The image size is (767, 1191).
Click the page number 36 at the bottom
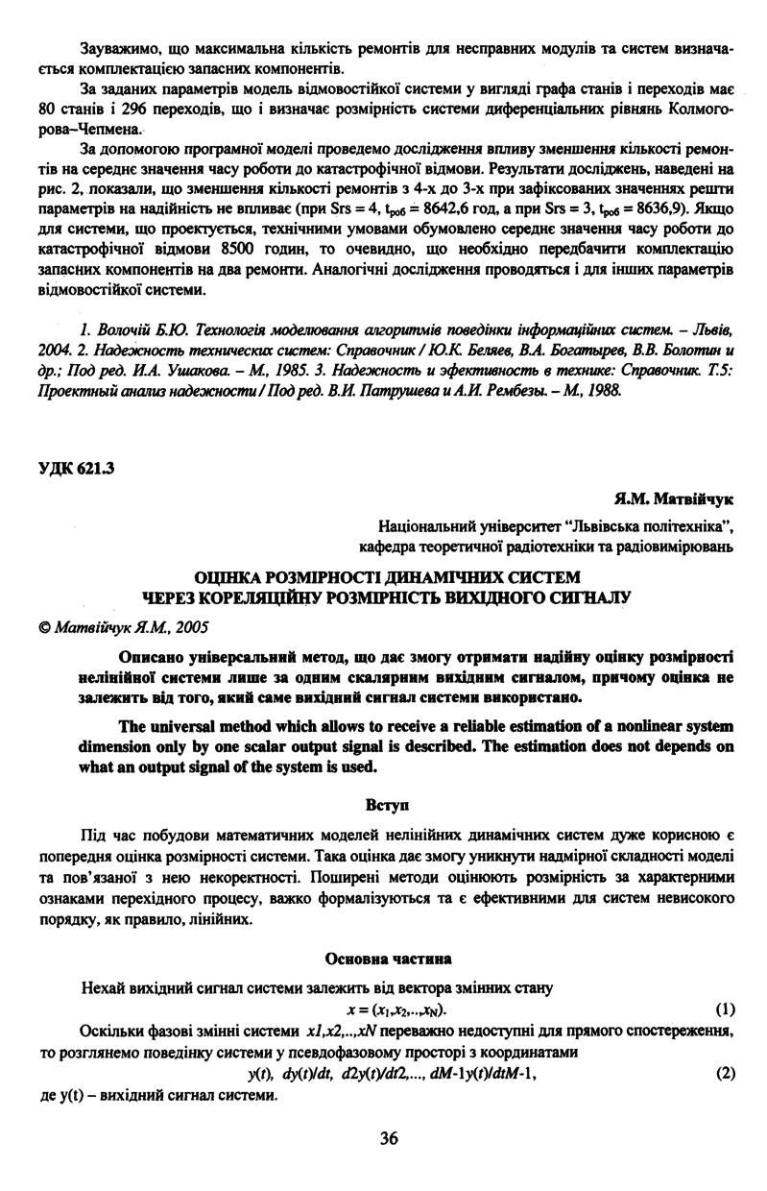[x=388, y=1138]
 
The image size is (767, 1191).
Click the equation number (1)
[x=725, y=1009]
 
